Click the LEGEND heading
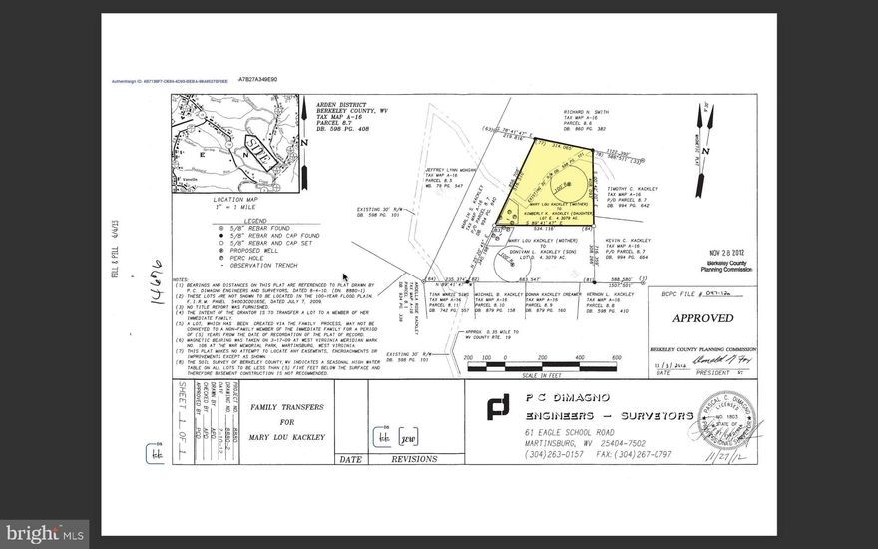(x=217, y=219)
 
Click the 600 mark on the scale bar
(x=616, y=358)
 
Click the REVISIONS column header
(x=414, y=460)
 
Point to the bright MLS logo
(x=45, y=534)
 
